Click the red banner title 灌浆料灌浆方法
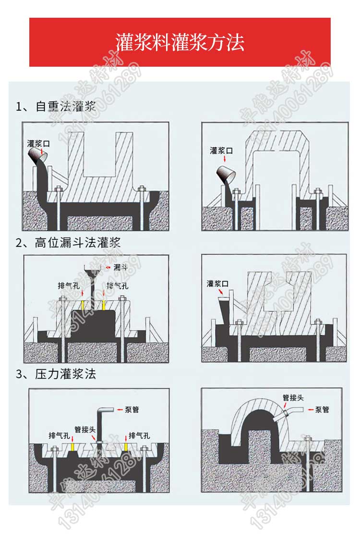pyautogui.click(x=180, y=42)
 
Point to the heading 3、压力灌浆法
pyautogui.click(x=56, y=374)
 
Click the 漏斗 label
pyautogui.click(x=120, y=267)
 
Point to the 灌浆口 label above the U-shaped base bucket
pyautogui.click(x=39, y=143)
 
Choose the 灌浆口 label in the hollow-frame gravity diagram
pyautogui.click(x=221, y=151)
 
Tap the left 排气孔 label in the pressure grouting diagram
pyautogui.click(x=59, y=436)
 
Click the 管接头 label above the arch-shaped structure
pyautogui.click(x=293, y=398)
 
